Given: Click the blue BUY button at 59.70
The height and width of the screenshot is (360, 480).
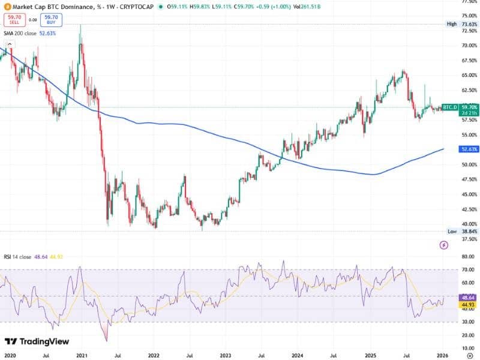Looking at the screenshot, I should [52, 20].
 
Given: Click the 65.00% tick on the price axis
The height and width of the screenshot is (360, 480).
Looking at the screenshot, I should [469, 75].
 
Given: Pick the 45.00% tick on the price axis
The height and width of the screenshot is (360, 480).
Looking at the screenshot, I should [469, 194].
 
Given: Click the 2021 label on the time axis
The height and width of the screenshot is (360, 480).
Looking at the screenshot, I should [83, 340].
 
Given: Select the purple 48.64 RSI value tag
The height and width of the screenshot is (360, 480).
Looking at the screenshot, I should [467, 298].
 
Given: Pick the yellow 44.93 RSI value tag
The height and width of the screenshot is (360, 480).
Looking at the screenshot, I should [467, 305].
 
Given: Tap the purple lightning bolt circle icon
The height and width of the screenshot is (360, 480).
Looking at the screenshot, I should [444, 245].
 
